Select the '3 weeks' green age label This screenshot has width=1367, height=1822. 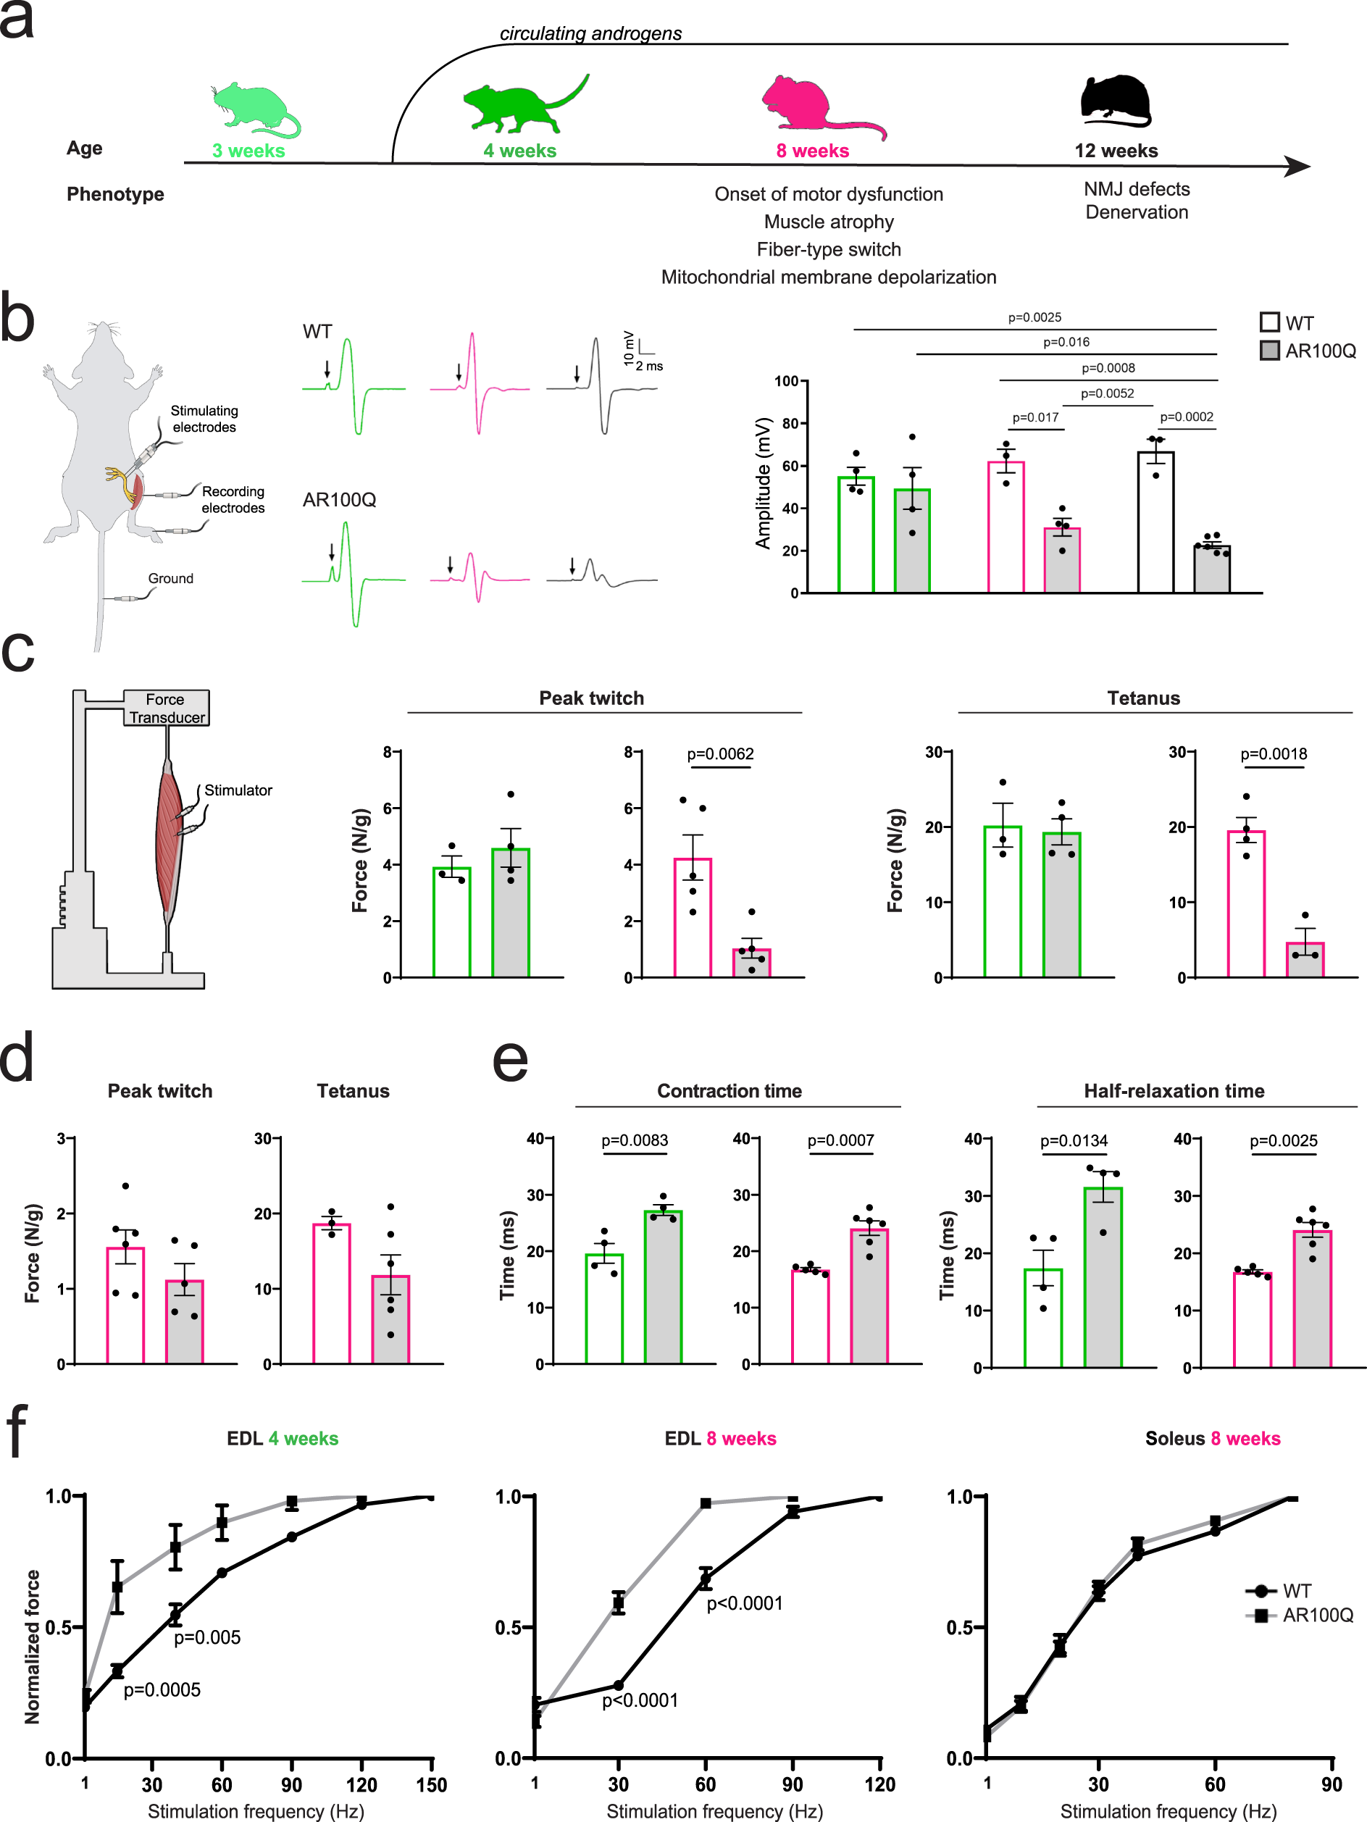(x=248, y=151)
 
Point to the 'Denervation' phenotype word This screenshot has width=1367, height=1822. (x=1137, y=212)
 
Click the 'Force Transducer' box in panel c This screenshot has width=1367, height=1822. (x=167, y=709)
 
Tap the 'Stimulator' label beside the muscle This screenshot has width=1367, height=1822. (x=238, y=790)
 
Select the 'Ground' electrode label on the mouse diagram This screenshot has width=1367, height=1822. (x=170, y=578)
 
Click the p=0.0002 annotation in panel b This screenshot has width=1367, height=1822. (x=1186, y=417)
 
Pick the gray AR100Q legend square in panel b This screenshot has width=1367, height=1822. (x=1269, y=351)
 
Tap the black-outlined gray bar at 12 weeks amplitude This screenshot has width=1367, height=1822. (x=1211, y=569)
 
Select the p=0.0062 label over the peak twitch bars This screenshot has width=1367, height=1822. (x=720, y=753)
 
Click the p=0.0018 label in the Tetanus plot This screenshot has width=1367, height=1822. (x=1273, y=753)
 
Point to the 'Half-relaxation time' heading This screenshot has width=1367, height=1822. (x=1174, y=1090)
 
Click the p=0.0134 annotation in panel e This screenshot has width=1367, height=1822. (x=1073, y=1141)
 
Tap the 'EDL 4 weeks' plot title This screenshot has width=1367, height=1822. (x=283, y=1438)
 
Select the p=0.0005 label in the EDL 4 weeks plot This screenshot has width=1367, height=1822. (x=162, y=1689)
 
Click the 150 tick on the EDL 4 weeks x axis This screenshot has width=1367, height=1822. (x=432, y=1785)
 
